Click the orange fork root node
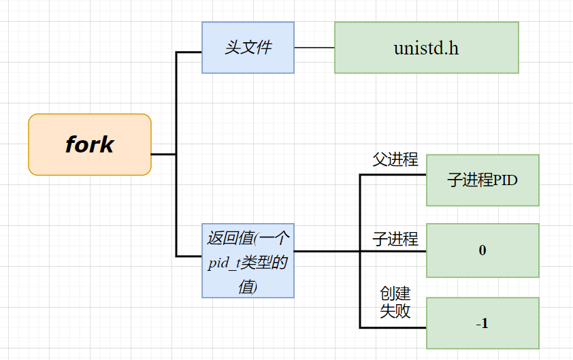[x=89, y=144]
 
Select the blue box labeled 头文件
[x=248, y=47]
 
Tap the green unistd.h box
[x=426, y=48]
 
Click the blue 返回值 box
[x=248, y=261]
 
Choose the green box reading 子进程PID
[x=482, y=180]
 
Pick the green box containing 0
[x=482, y=250]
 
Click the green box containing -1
[x=482, y=323]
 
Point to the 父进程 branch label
[x=395, y=160]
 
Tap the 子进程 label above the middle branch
[x=395, y=239]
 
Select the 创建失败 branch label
[x=395, y=302]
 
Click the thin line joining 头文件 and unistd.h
[x=314, y=48]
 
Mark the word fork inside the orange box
[x=89, y=144]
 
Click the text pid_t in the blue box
[x=222, y=263]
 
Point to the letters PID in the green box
[x=506, y=180]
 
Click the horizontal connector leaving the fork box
[x=163, y=154]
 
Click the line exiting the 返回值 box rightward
[x=327, y=251]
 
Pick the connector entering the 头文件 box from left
[x=189, y=52]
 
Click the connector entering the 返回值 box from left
[x=189, y=257]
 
